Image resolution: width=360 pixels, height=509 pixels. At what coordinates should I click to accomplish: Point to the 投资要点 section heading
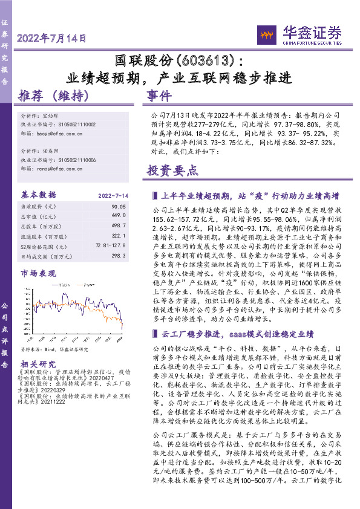tap(173, 170)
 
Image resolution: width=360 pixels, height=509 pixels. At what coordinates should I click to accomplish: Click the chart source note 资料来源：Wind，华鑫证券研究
tap(54, 349)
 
